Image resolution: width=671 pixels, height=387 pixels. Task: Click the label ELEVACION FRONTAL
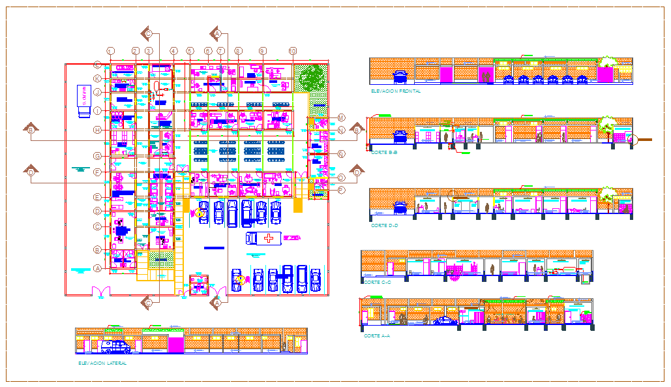click(x=395, y=91)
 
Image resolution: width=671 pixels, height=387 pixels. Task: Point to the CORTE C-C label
click(x=376, y=282)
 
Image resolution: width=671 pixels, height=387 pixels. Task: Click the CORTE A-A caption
click(x=377, y=335)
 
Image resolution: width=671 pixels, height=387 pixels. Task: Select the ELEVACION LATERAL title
click(x=102, y=362)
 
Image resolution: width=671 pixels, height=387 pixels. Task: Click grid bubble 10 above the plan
click(x=293, y=51)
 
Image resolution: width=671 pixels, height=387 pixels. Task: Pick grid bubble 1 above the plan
click(x=111, y=51)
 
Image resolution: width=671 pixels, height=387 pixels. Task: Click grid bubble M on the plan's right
click(x=340, y=117)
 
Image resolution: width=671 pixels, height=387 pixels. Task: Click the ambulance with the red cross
click(x=263, y=238)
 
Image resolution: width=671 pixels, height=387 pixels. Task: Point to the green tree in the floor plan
click(x=312, y=77)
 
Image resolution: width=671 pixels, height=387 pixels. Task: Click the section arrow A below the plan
click(x=217, y=302)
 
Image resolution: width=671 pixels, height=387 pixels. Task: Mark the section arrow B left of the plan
click(x=31, y=130)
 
